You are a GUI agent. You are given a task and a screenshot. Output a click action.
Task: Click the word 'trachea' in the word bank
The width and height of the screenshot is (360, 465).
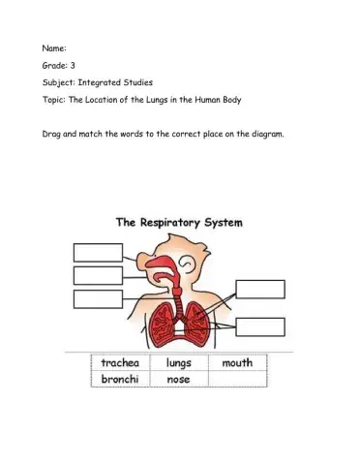pyautogui.click(x=121, y=363)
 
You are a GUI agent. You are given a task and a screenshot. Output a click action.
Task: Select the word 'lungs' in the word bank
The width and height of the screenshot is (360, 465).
pyautogui.click(x=180, y=363)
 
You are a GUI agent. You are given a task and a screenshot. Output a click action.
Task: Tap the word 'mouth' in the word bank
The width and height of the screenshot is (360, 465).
pyautogui.click(x=237, y=363)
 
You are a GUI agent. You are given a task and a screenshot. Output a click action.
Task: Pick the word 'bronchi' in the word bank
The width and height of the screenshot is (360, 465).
pyautogui.click(x=121, y=380)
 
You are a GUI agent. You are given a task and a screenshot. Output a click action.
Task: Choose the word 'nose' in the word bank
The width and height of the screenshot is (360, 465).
pyautogui.click(x=178, y=380)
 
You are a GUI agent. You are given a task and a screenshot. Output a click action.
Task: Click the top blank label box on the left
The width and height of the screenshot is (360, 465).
pyautogui.click(x=97, y=252)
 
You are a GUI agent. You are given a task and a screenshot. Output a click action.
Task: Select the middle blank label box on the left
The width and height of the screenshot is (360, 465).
pyautogui.click(x=97, y=275)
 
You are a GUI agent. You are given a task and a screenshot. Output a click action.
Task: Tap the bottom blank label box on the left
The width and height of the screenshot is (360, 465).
pyautogui.click(x=97, y=299)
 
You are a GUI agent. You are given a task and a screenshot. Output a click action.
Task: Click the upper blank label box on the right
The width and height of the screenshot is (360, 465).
pyautogui.click(x=260, y=289)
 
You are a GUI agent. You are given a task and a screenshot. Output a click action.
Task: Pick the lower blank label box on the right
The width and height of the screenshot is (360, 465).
pyautogui.click(x=260, y=326)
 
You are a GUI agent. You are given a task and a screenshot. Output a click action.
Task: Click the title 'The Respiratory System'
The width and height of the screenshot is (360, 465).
pyautogui.click(x=180, y=222)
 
